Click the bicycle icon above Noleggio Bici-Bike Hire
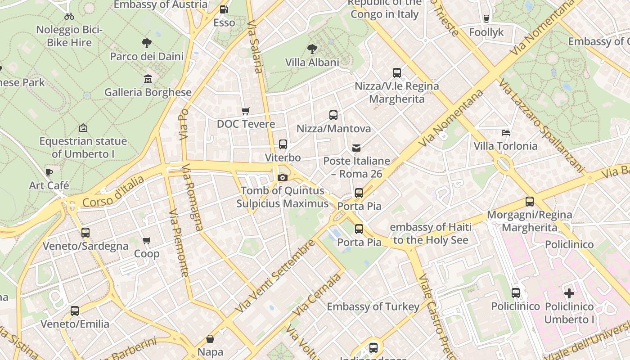click(x=69, y=16)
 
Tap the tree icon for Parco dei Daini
click(x=146, y=43)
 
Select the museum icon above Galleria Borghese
click(x=148, y=79)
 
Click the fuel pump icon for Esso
click(x=224, y=9)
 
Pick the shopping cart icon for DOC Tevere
click(x=245, y=111)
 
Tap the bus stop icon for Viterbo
click(x=283, y=144)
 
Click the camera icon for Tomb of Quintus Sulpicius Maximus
click(x=283, y=178)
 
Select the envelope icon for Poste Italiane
click(x=356, y=148)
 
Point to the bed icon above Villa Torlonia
click(x=506, y=133)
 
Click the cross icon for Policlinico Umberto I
click(x=569, y=293)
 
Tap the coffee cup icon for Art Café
click(x=49, y=172)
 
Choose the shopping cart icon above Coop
click(x=146, y=241)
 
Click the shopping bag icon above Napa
click(x=210, y=338)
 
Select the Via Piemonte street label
click(x=179, y=243)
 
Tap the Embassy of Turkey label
click(x=373, y=307)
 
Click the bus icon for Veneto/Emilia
click(x=75, y=311)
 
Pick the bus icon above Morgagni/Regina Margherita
click(x=529, y=202)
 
